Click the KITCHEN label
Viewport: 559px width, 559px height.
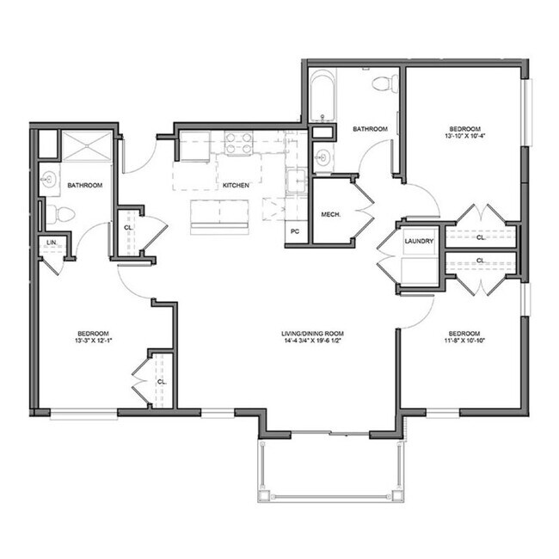coord(236,185)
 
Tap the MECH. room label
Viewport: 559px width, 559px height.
coord(331,214)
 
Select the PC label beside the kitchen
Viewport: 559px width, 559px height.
coord(295,231)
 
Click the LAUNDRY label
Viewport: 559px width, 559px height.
coord(419,241)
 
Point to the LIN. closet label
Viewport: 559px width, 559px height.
coord(51,243)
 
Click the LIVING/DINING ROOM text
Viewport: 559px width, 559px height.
coord(312,333)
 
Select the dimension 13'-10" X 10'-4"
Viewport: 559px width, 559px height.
coord(466,136)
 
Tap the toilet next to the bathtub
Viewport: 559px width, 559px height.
coord(384,83)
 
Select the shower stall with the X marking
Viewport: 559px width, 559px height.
coord(85,146)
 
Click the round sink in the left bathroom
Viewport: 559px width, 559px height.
coord(49,181)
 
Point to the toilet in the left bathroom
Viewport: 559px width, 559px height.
coord(54,212)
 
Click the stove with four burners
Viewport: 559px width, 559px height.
coord(237,144)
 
